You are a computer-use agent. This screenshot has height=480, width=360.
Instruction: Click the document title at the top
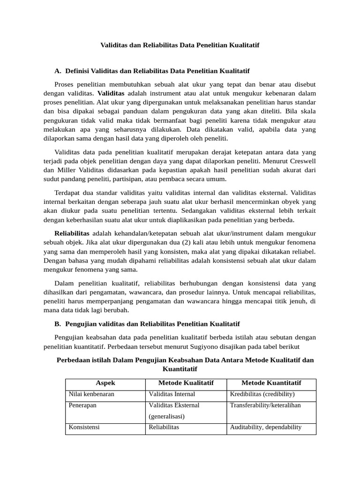pos(180,45)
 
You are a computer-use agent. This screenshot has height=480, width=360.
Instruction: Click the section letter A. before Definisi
pos(58,71)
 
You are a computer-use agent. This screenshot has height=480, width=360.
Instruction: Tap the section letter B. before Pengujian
pos(58,324)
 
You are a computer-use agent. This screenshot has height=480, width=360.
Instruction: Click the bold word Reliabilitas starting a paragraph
pos(72,233)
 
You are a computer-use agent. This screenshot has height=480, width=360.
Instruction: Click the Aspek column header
pos(105,383)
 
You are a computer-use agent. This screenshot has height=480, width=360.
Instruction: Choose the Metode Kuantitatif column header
pos(271,383)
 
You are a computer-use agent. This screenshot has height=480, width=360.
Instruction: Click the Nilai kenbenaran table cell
pos(91,394)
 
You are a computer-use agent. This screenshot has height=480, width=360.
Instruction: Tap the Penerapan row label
pos(82,405)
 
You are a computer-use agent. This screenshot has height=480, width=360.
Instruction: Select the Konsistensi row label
pos(84,427)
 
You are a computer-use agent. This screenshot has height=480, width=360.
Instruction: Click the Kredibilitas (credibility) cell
pos(262,394)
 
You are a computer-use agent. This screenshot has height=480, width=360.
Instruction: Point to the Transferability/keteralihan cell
pos(265,405)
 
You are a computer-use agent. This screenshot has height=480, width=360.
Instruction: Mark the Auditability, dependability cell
pos(266,427)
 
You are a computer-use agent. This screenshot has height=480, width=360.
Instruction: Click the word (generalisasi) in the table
pos(166,416)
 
